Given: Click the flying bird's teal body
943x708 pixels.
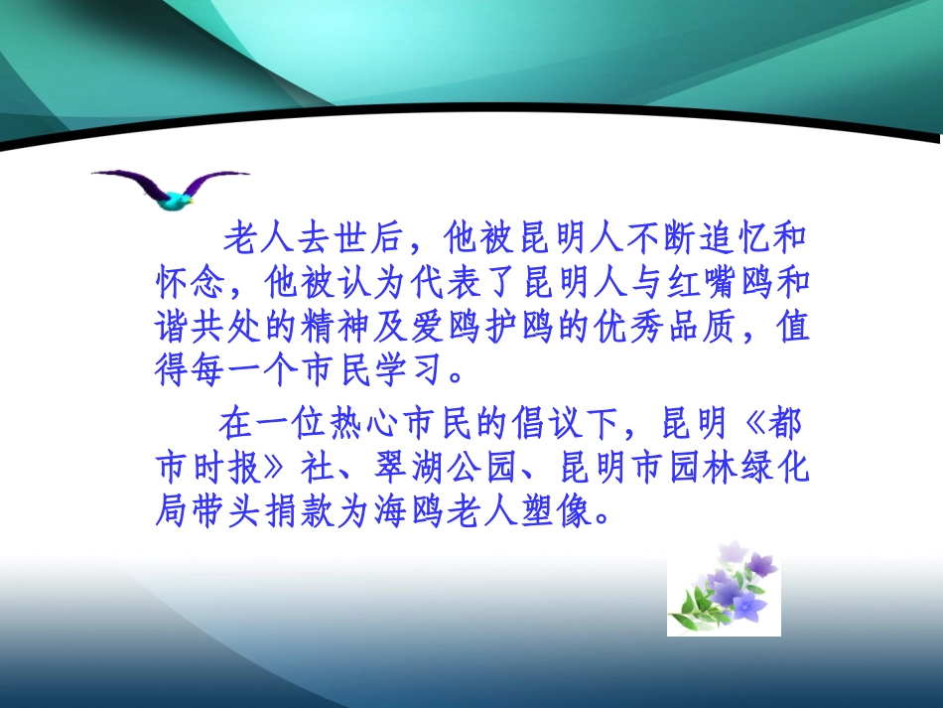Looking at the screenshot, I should click(x=178, y=201).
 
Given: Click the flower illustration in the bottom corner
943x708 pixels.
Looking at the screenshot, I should click(x=724, y=591).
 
